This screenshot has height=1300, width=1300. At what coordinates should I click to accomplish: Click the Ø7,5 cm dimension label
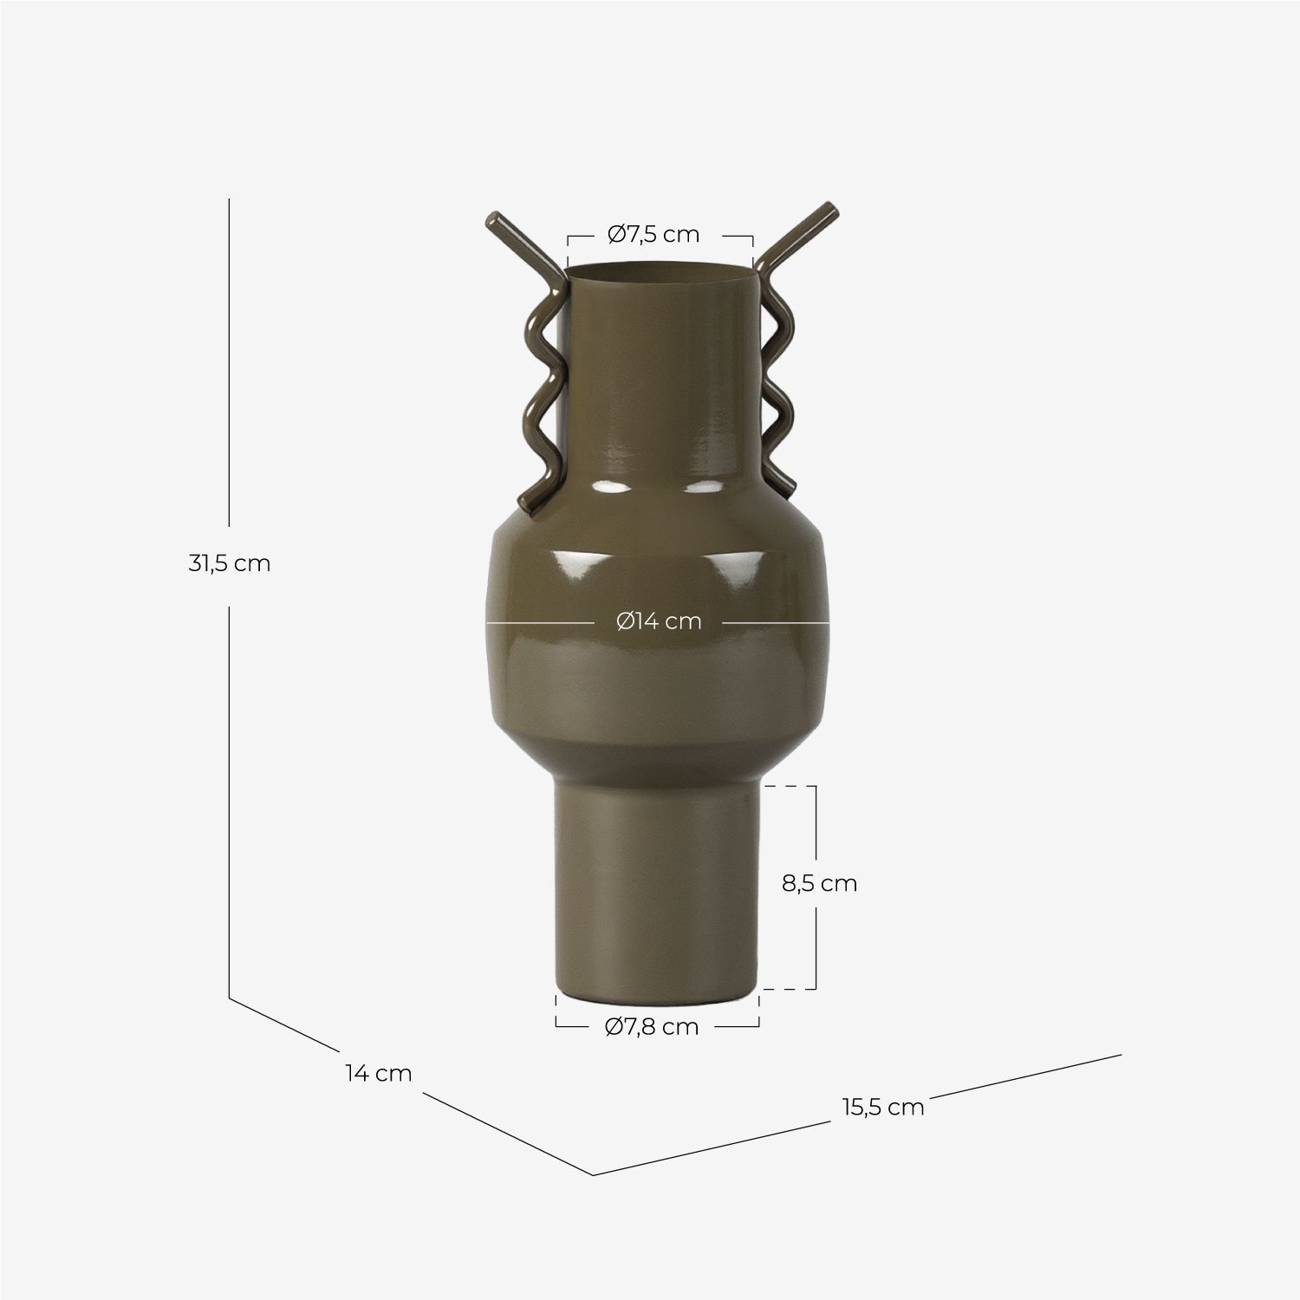pyautogui.click(x=653, y=234)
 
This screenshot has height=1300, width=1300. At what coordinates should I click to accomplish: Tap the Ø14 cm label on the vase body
pyautogui.click(x=659, y=621)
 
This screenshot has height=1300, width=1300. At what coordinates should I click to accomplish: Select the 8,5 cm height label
pyautogui.click(x=819, y=883)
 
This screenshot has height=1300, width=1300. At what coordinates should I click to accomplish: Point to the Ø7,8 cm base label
pyautogui.click(x=652, y=1026)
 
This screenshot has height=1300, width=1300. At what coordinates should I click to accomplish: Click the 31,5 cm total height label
pyautogui.click(x=230, y=563)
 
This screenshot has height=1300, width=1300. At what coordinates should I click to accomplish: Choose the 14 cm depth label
pyautogui.click(x=378, y=1073)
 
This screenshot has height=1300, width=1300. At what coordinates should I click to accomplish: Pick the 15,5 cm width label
pyautogui.click(x=882, y=1107)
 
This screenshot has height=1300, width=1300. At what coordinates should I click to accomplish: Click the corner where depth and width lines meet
pyautogui.click(x=593, y=1174)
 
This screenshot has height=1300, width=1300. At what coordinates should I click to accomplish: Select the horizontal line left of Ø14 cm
pyautogui.click(x=537, y=622)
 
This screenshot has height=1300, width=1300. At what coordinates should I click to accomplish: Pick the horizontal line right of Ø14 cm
pyautogui.click(x=776, y=622)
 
